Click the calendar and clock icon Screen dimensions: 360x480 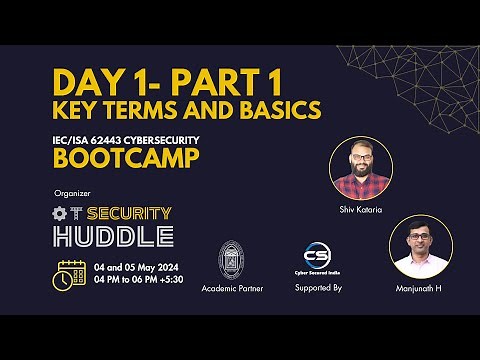[71, 274]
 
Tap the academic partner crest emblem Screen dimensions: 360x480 [231, 259]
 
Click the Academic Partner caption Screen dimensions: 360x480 [231, 288]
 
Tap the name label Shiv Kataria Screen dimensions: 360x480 [362, 210]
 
